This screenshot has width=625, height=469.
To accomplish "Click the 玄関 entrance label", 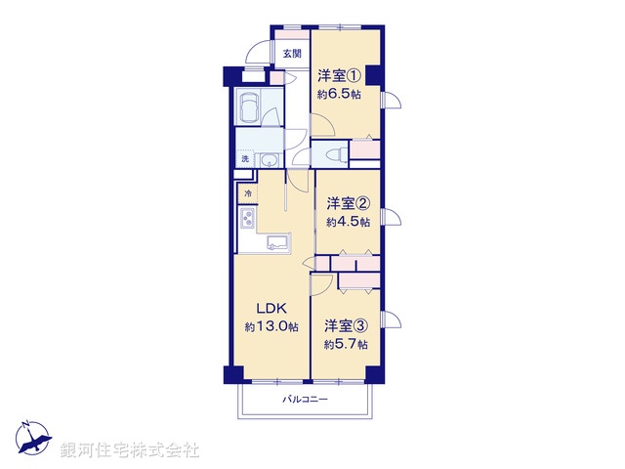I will pyautogui.click(x=293, y=55).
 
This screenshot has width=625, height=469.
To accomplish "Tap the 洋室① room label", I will pyautogui.click(x=338, y=76).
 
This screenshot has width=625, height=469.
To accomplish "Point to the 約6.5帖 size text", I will pyautogui.click(x=338, y=95).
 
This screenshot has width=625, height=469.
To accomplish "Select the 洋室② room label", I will pyautogui.click(x=349, y=203).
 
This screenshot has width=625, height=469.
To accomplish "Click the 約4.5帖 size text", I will pyautogui.click(x=349, y=222).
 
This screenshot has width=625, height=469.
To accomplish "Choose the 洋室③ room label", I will pyautogui.click(x=347, y=325).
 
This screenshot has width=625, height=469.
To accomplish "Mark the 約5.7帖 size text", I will pyautogui.click(x=347, y=344).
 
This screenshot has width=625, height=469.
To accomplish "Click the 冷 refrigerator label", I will pyautogui.click(x=248, y=195).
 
